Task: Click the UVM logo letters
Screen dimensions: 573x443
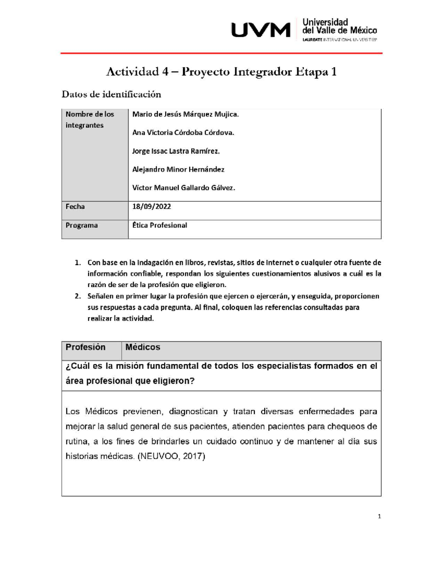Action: click(x=261, y=30)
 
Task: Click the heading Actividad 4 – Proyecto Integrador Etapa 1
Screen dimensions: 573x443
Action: click(x=221, y=72)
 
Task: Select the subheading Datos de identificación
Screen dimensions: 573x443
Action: click(x=111, y=94)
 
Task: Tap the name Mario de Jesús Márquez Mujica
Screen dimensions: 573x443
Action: click(x=185, y=114)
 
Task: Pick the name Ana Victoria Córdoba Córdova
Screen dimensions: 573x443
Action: click(x=183, y=133)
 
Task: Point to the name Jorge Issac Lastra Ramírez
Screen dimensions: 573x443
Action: click(x=176, y=151)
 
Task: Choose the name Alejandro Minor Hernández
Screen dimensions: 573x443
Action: click(x=178, y=170)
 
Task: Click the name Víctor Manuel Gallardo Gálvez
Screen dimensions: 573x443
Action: click(x=183, y=188)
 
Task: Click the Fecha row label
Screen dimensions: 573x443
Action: click(x=75, y=207)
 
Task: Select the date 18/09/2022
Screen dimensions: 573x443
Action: click(x=151, y=207)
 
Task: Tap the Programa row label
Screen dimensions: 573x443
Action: click(x=82, y=225)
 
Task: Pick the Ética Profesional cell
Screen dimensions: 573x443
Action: click(x=159, y=225)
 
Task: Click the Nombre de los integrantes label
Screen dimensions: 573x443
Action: click(x=90, y=120)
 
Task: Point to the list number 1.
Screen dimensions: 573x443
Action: click(x=77, y=263)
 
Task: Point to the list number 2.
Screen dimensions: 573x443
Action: click(x=77, y=296)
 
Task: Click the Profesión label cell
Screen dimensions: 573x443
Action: click(x=85, y=347)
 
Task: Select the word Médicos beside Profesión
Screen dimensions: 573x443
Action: click(x=142, y=347)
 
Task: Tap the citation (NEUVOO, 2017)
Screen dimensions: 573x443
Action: click(x=171, y=456)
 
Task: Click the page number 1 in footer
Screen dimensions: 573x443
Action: click(x=379, y=517)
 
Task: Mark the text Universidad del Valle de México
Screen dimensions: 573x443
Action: click(x=339, y=26)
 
